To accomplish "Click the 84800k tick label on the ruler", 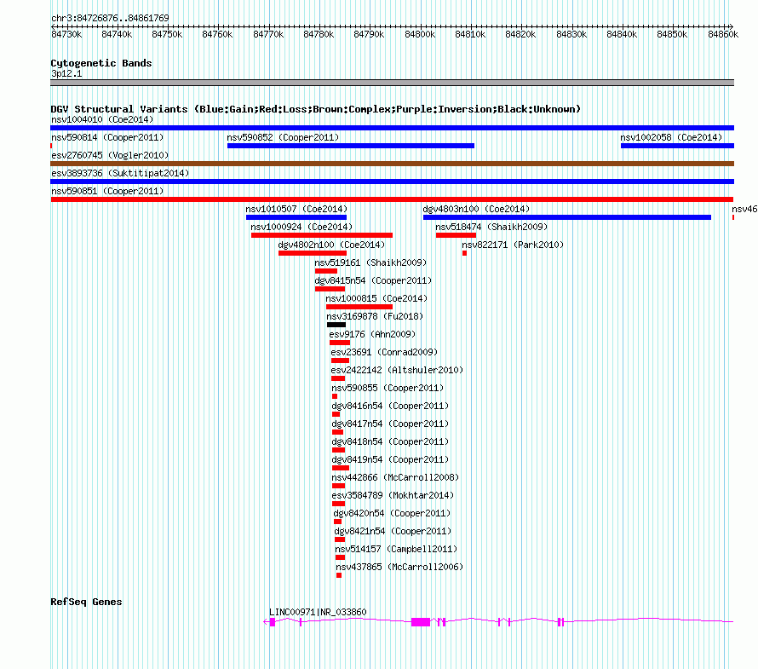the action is (420, 34).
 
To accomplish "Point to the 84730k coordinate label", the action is (66, 34).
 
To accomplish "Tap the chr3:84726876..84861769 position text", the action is (110, 19).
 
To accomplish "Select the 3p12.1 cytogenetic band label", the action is (66, 73).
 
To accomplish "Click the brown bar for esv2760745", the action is (392, 164).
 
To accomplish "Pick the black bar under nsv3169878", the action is (336, 325).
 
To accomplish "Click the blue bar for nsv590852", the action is (351, 146).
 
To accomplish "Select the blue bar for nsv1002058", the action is (677, 146).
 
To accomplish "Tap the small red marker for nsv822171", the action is (464, 253).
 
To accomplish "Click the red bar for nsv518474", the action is (456, 235).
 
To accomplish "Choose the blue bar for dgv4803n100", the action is (567, 217).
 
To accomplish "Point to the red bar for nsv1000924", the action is (321, 235).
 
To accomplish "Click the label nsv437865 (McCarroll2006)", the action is (399, 567).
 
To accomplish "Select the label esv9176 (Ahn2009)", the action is (372, 334).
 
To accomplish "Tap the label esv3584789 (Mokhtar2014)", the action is (393, 495).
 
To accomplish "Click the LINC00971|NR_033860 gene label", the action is (318, 612).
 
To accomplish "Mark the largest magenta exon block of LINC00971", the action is (421, 622).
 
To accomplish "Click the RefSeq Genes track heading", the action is (86, 602).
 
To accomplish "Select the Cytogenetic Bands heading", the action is (101, 63).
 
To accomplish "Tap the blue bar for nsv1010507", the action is (296, 217).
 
